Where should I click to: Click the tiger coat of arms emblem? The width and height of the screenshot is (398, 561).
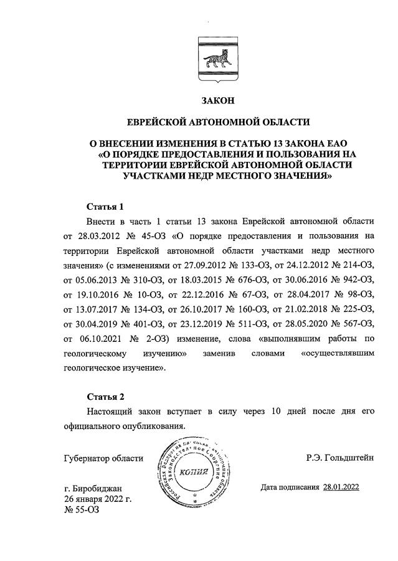click(x=212, y=59)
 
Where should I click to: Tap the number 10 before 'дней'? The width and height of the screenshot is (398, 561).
click(x=262, y=412)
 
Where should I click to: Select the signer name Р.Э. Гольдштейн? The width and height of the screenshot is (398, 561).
click(x=339, y=458)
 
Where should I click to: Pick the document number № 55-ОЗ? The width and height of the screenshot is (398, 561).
click(x=81, y=510)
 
